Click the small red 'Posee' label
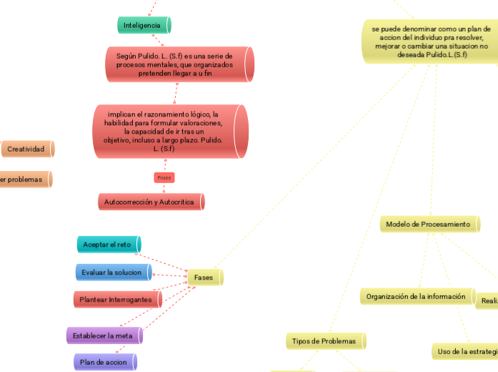click(164, 177)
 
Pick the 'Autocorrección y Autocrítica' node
click(150, 202)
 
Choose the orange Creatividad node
click(27, 149)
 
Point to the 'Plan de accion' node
click(104, 362)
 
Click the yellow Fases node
click(204, 277)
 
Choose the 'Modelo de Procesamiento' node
click(429, 225)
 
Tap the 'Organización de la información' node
click(417, 296)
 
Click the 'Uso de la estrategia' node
click(466, 351)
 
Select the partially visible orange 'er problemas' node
click(24, 179)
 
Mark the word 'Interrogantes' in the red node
click(130, 300)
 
